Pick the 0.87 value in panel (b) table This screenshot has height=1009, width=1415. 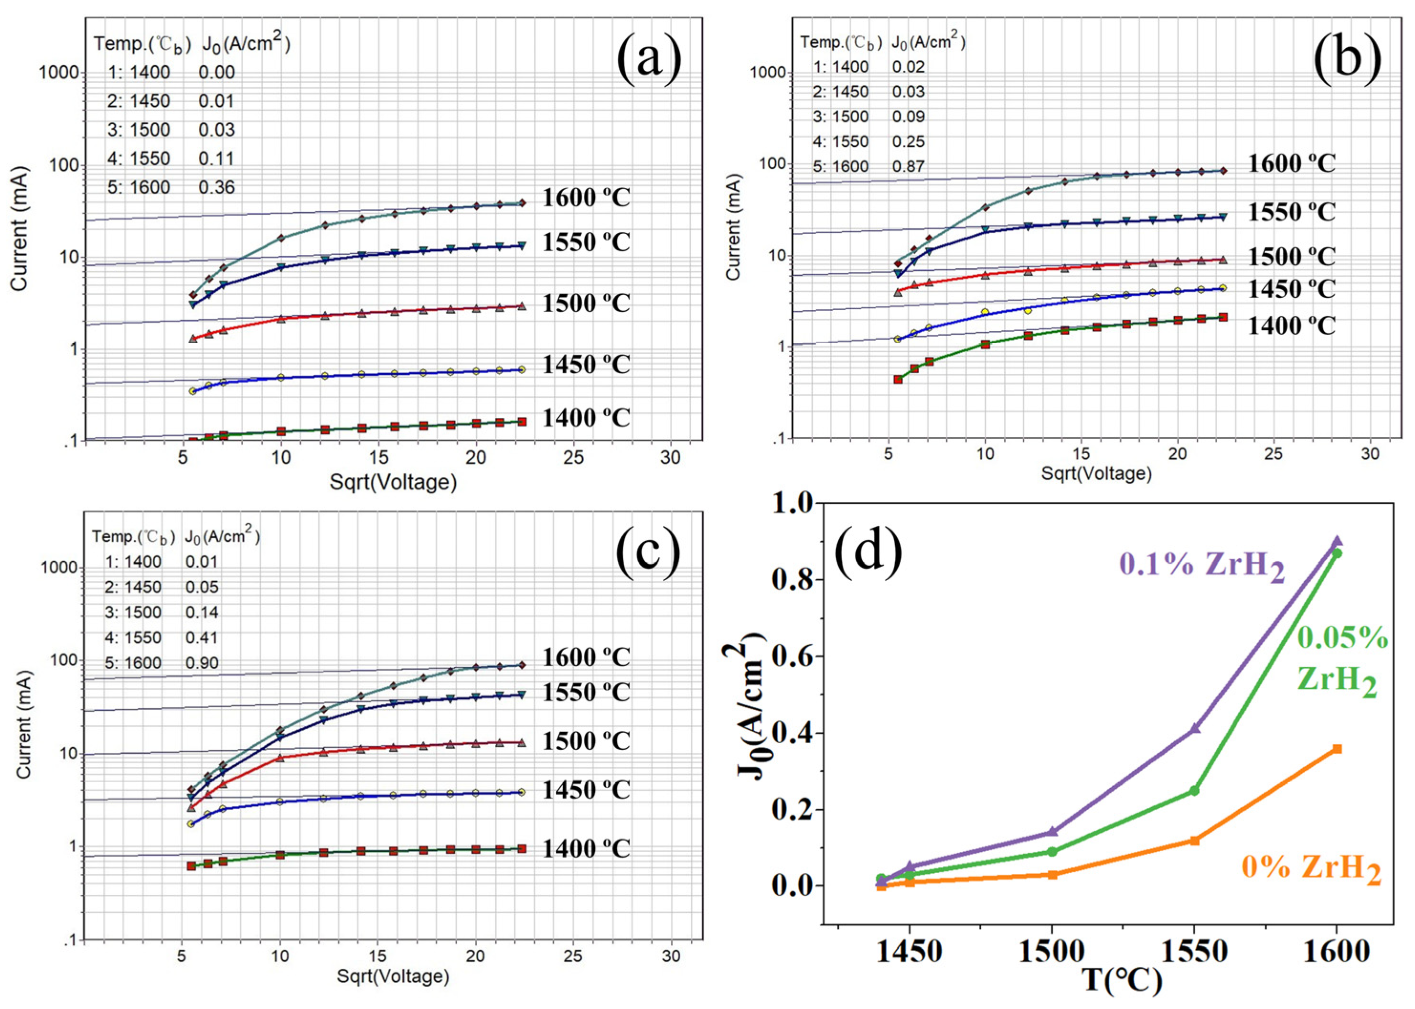tap(908, 166)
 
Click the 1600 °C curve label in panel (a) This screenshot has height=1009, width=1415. tap(586, 197)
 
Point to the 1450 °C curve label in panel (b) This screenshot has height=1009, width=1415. tap(1291, 289)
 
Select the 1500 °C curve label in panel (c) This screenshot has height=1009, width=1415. tap(586, 740)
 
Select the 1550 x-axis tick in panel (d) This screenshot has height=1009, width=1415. tap(1193, 952)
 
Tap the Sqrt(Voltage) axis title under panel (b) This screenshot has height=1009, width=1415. tap(1096, 474)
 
